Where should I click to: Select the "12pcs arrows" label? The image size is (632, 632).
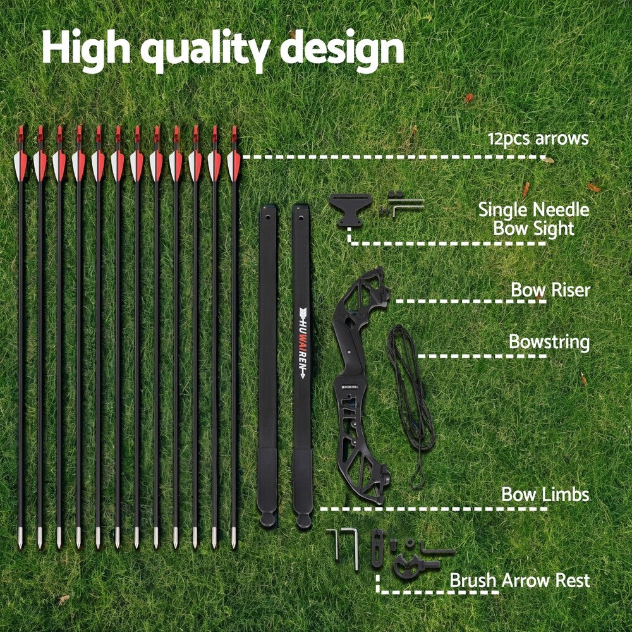pyautogui.click(x=538, y=138)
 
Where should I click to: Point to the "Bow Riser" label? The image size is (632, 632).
pyautogui.click(x=550, y=290)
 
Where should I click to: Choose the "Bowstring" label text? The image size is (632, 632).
pyautogui.click(x=549, y=343)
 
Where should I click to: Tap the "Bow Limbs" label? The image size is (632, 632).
pyautogui.click(x=545, y=494)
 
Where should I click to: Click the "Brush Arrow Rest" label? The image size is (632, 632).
pyautogui.click(x=520, y=580)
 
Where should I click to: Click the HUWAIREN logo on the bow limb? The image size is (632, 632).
pyautogui.click(x=301, y=341)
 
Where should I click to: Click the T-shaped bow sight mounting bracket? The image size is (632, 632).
pyautogui.click(x=349, y=209)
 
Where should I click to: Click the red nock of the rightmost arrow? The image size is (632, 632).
pyautogui.click(x=234, y=134)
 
